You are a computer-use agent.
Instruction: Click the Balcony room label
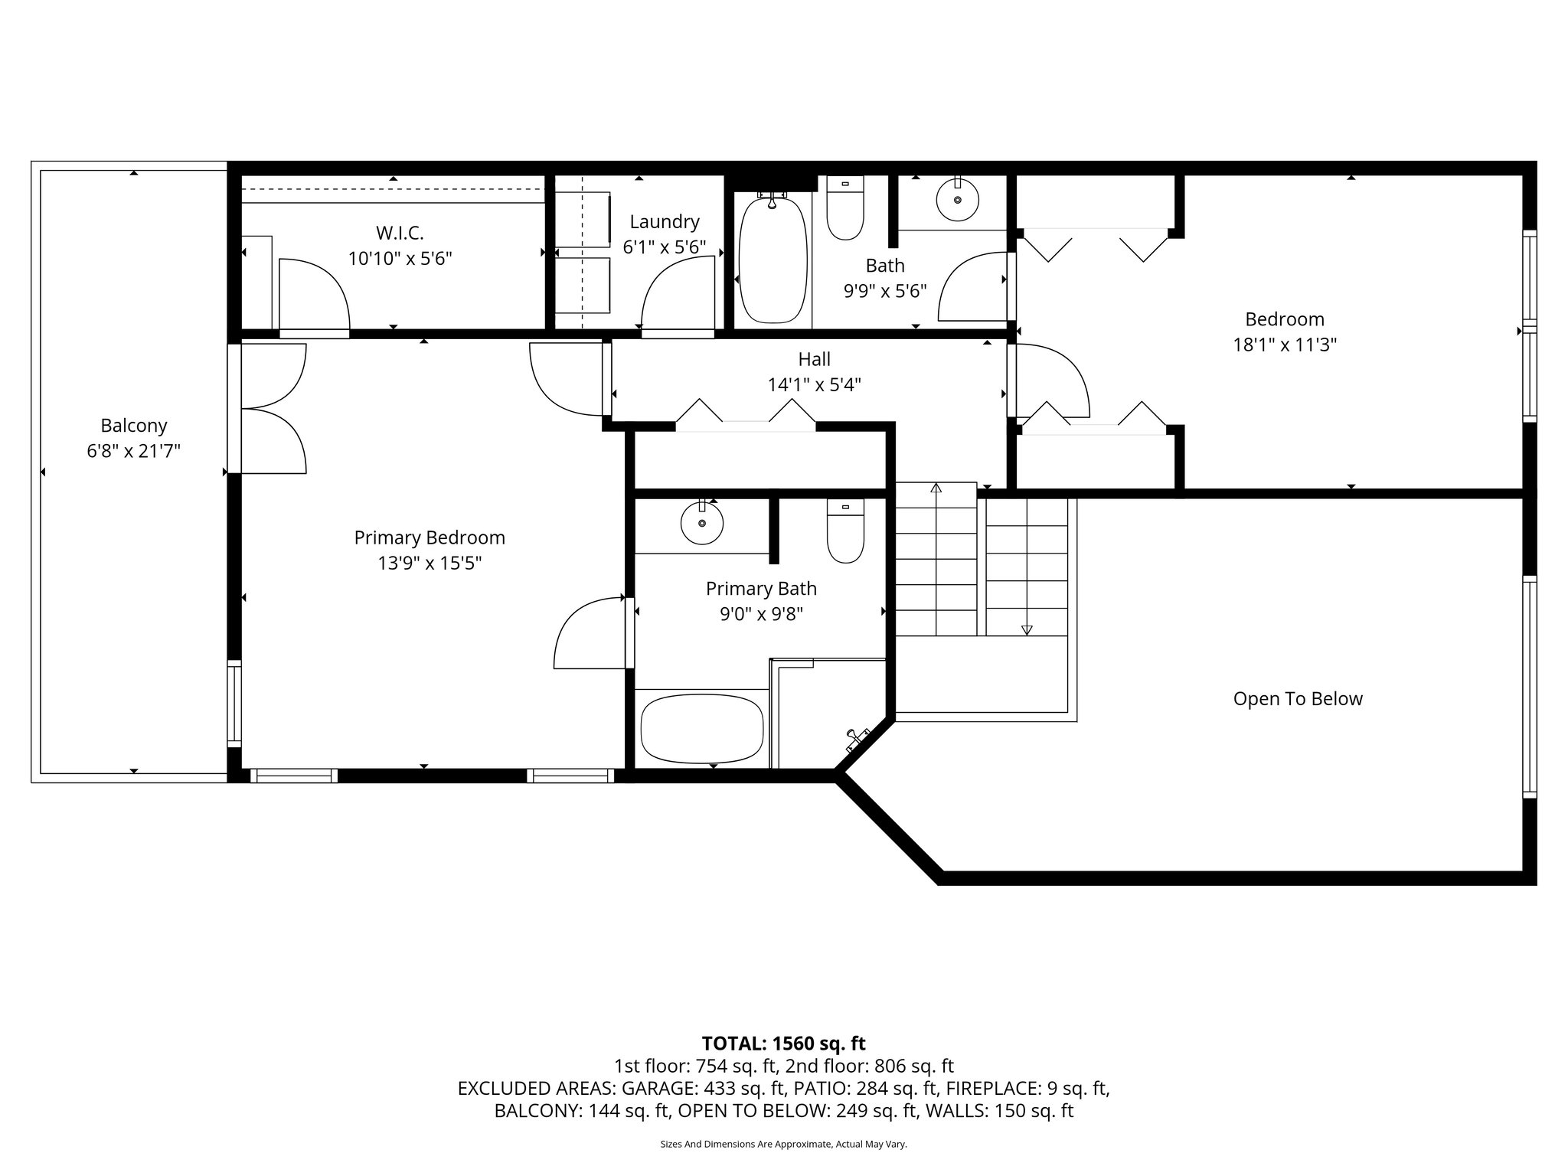pos(133,426)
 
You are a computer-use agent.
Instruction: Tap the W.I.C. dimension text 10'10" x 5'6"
pos(400,259)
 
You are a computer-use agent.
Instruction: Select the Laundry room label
pos(665,222)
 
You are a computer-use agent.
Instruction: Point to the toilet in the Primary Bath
pos(845,531)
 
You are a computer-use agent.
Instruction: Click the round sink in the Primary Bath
pos(702,524)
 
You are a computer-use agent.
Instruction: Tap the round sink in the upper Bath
pos(957,199)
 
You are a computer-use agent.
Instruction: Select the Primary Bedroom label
pos(429,537)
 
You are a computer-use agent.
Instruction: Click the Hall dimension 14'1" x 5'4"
pos(814,385)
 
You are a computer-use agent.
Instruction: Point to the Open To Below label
pos(1297,699)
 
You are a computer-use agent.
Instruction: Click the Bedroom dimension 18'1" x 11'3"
pos(1284,345)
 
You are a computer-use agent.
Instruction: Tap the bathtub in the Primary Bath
pos(702,728)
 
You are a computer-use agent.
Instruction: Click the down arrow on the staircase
pos(1027,629)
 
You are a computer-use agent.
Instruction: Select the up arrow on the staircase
pos(935,488)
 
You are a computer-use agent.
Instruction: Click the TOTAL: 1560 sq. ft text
pos(783,1044)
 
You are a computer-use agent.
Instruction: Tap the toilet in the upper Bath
pos(845,208)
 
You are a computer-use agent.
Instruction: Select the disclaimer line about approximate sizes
pos(783,1144)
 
